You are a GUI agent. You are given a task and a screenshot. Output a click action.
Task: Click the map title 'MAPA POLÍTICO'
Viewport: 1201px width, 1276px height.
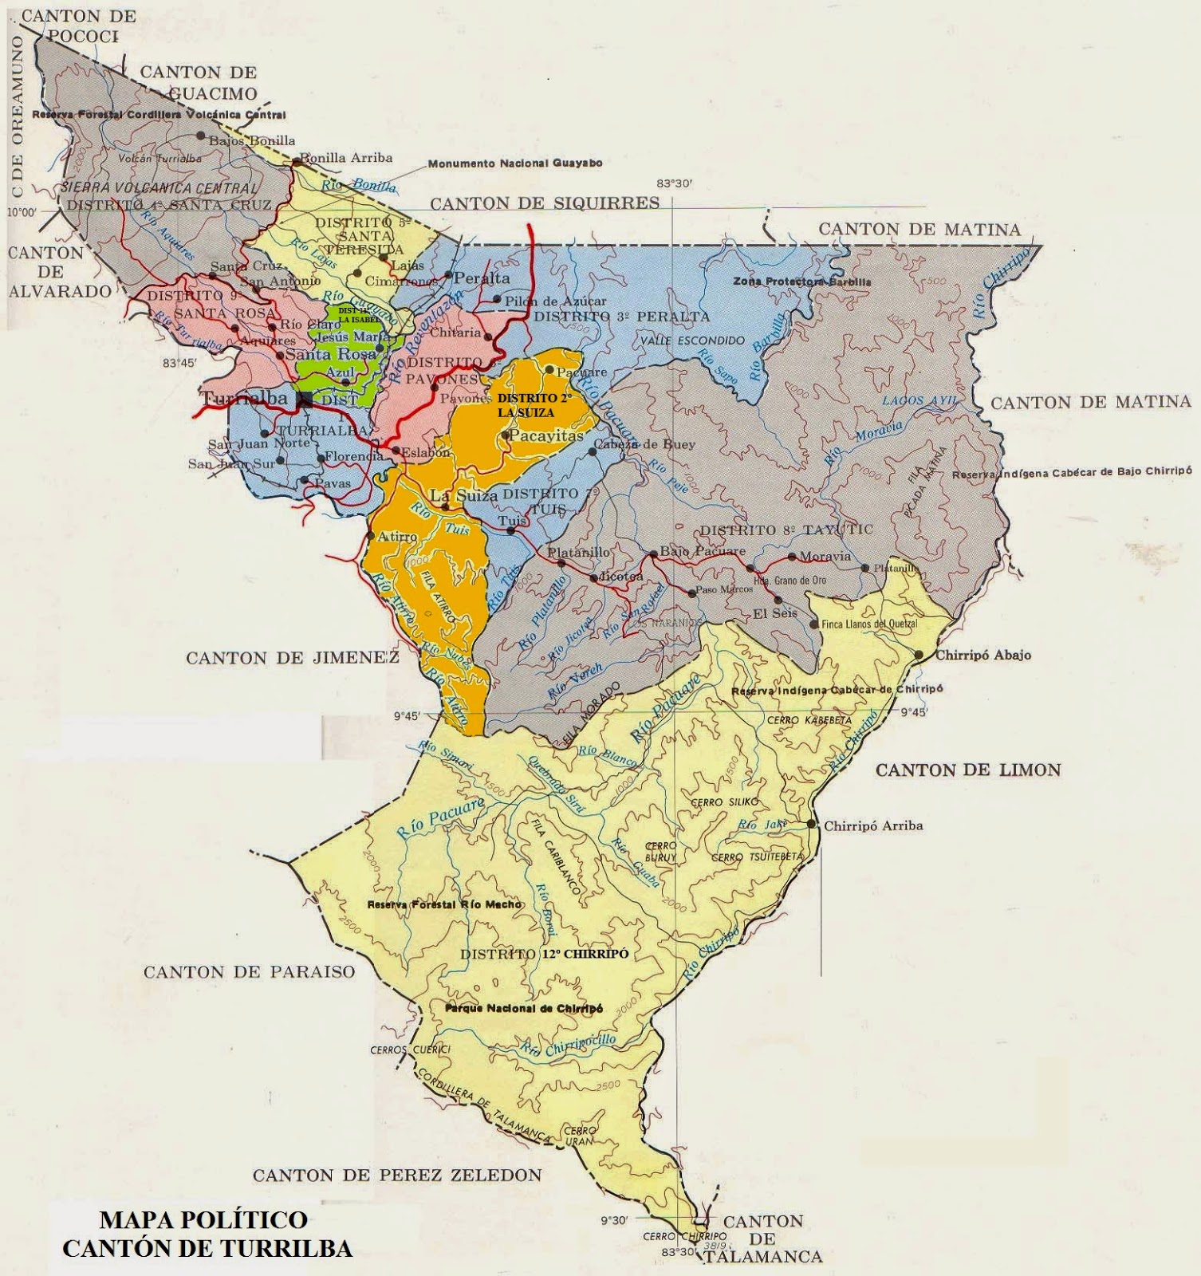203,1219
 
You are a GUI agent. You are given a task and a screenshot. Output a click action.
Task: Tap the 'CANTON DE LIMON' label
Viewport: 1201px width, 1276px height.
968,770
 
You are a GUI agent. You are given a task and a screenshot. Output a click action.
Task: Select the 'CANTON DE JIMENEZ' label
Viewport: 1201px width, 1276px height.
292,658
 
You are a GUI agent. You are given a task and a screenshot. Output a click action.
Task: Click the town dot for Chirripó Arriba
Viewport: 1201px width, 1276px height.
812,824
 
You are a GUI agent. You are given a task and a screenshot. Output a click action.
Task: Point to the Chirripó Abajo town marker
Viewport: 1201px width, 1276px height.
919,655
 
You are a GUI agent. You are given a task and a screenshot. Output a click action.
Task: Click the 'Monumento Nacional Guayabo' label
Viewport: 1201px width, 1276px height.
515,163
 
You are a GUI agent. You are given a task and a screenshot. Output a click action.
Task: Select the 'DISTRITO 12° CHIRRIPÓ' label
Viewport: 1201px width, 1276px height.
545,954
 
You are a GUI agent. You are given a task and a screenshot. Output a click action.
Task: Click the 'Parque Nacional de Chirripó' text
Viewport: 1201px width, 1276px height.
524,1009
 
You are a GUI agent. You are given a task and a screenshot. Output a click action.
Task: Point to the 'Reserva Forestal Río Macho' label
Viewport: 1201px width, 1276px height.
444,904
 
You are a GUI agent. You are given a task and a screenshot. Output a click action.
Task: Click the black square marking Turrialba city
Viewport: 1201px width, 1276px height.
305,400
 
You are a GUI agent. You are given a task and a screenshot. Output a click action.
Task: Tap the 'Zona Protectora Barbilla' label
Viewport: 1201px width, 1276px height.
802,282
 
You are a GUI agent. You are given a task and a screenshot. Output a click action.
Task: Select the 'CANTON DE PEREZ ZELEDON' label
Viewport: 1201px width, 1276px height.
397,1175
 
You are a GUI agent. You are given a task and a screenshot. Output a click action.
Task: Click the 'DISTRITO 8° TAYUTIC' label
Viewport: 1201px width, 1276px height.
786,530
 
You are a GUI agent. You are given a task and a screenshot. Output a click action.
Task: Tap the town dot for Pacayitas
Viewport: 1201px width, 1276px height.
506,435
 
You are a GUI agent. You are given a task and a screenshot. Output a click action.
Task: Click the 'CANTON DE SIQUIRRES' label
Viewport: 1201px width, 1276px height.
545,203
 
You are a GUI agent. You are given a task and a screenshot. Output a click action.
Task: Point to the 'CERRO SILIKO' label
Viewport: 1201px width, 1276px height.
724,801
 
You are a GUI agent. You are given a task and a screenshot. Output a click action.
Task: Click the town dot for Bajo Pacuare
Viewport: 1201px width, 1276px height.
654,553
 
